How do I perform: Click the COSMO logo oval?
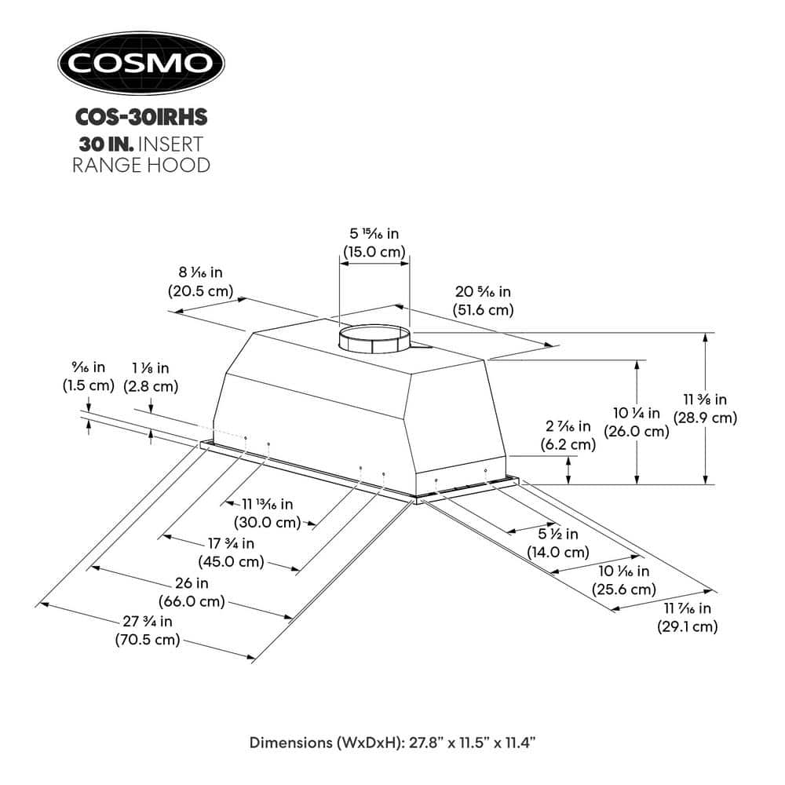pyautogui.click(x=141, y=63)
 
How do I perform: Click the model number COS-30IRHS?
pyautogui.click(x=141, y=117)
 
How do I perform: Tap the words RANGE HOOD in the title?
pyautogui.click(x=141, y=165)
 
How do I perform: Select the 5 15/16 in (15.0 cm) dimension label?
pyautogui.click(x=374, y=243)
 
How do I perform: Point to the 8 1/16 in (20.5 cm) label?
pyautogui.click(x=200, y=281)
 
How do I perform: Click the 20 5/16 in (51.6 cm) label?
pyautogui.click(x=484, y=301)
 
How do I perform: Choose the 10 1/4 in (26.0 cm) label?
pyautogui.click(x=641, y=422)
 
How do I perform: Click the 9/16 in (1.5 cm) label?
pyautogui.click(x=88, y=376)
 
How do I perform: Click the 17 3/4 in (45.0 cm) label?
pyautogui.click(x=233, y=553)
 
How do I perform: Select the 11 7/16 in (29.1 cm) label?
pyautogui.click(x=687, y=617)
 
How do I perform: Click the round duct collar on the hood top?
pyautogui.click(x=374, y=340)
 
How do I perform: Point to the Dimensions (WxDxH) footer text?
pyautogui.click(x=392, y=742)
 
